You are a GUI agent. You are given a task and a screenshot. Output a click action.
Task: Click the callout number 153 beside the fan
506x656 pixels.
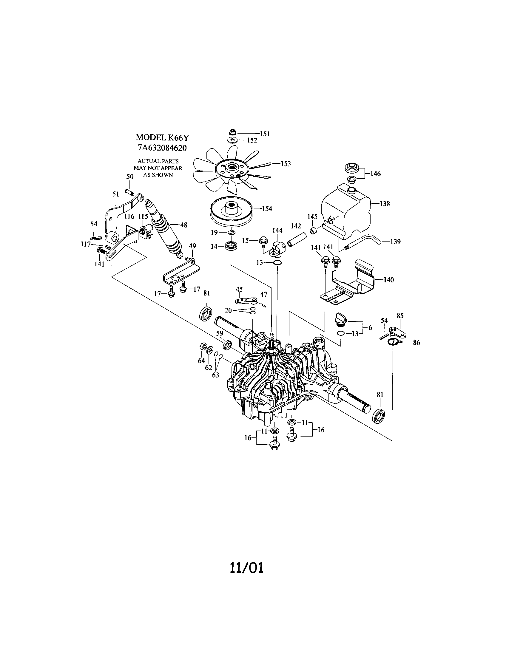(286, 164)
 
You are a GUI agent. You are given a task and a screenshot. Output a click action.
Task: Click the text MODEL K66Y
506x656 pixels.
(162, 137)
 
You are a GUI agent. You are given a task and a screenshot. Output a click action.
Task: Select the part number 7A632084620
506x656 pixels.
(162, 148)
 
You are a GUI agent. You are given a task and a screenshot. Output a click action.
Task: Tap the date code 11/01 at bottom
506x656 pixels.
(247, 568)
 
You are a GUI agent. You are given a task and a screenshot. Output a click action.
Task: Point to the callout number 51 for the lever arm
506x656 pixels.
(116, 194)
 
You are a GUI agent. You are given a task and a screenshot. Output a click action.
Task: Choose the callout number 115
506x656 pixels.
(143, 216)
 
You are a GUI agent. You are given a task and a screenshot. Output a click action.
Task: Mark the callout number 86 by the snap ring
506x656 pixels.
(416, 342)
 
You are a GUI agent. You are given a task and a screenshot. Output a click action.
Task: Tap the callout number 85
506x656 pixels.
(400, 316)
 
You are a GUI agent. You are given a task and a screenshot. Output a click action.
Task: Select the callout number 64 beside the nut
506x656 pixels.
(201, 361)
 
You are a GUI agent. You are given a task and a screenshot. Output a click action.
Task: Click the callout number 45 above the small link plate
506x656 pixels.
(239, 289)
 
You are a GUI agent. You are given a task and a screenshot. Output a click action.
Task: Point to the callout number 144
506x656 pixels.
(277, 230)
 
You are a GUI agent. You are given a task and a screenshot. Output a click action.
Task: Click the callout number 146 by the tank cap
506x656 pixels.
(376, 174)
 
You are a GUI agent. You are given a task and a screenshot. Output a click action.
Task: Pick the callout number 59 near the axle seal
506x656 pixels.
(220, 333)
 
